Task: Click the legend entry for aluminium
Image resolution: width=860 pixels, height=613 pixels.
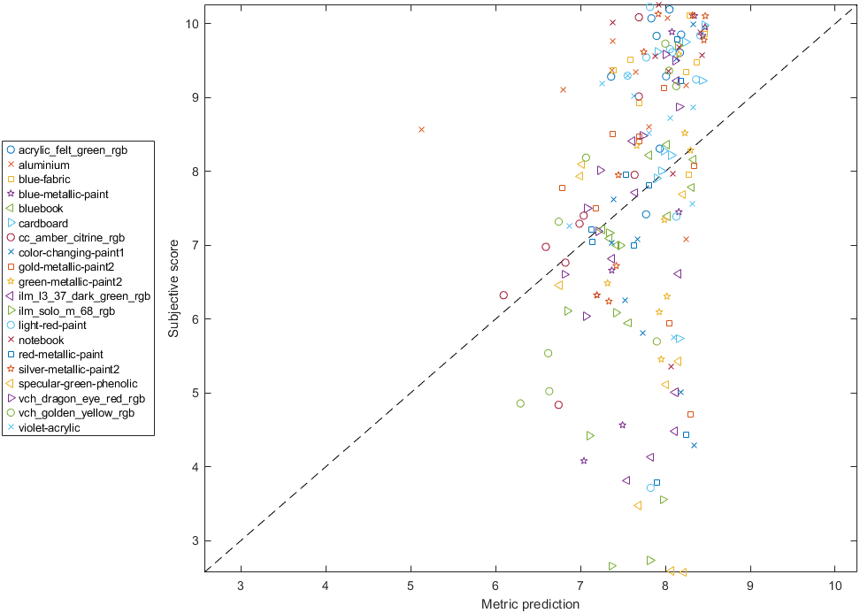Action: click(x=43, y=165)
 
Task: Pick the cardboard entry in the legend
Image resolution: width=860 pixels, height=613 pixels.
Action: click(x=43, y=223)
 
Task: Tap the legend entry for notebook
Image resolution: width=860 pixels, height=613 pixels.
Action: click(x=41, y=340)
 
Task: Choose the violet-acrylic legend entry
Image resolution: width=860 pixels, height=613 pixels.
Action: click(x=49, y=427)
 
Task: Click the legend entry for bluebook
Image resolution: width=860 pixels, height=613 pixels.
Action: click(x=41, y=208)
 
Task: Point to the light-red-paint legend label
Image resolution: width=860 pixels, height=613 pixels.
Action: click(x=54, y=325)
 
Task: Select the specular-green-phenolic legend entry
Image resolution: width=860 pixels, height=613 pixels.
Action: click(x=78, y=383)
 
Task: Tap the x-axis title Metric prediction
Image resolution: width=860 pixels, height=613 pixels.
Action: click(x=530, y=604)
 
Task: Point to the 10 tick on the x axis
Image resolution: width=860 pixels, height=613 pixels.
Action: click(x=835, y=586)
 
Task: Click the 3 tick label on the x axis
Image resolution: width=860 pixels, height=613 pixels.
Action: click(x=241, y=586)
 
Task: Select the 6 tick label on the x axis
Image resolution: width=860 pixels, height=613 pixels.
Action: click(x=495, y=586)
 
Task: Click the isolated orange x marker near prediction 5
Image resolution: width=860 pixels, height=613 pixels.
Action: click(x=421, y=129)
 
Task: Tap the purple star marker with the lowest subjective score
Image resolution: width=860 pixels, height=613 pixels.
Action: click(x=584, y=461)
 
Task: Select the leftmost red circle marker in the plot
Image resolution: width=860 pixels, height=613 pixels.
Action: click(x=503, y=295)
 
